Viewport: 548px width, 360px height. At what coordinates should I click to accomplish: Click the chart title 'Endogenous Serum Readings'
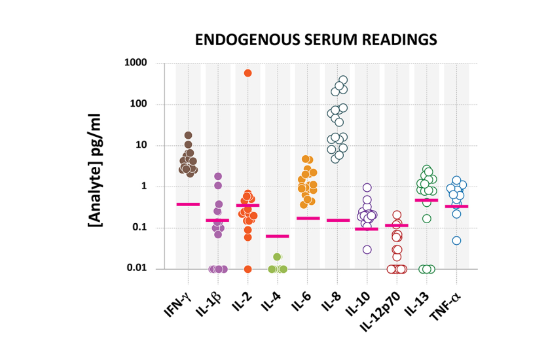[316, 40]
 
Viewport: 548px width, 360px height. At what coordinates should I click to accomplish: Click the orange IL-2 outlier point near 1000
[247, 73]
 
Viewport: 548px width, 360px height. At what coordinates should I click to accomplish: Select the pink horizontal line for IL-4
[278, 236]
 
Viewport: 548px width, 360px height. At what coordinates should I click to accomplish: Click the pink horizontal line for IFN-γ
[188, 204]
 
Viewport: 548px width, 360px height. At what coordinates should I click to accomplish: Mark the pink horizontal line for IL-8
[338, 220]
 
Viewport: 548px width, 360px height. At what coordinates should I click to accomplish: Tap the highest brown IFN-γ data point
[188, 135]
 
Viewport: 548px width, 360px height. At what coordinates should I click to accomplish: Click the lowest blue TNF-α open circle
[456, 240]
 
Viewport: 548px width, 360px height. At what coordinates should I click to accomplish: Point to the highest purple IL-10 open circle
[367, 187]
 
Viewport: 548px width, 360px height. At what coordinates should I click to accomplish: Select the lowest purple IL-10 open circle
[367, 249]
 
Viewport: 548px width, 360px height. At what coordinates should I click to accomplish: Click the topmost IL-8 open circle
[343, 80]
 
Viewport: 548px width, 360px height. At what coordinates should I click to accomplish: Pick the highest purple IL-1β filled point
[218, 176]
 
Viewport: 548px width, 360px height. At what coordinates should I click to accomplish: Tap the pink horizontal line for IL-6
[308, 218]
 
